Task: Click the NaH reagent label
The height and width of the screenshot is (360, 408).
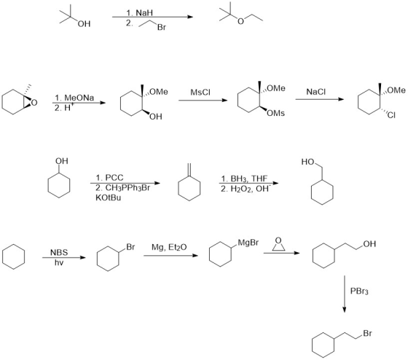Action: pyautogui.click(x=144, y=12)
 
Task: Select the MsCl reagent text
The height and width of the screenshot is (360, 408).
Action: pyautogui.click(x=200, y=92)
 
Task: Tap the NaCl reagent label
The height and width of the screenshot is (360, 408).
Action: pyautogui.click(x=316, y=92)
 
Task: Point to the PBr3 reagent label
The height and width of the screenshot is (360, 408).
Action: pyautogui.click(x=359, y=291)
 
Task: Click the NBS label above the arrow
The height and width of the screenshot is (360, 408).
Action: pyautogui.click(x=59, y=252)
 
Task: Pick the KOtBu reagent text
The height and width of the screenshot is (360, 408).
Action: pyautogui.click(x=109, y=197)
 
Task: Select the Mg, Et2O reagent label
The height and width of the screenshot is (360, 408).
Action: pyautogui.click(x=169, y=247)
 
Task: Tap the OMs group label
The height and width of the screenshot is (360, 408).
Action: pyautogui.click(x=276, y=113)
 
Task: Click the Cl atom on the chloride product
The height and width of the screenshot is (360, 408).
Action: pyautogui.click(x=391, y=115)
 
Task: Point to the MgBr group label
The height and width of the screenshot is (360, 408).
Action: pyautogui.click(x=248, y=243)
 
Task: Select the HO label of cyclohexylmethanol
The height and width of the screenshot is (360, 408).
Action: pyautogui.click(x=307, y=162)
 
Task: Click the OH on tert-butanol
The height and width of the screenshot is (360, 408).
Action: pyautogui.click(x=84, y=24)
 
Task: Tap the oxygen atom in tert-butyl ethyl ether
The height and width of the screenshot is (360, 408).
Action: pyautogui.click(x=240, y=21)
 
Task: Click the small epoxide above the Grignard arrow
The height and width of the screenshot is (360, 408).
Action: pyautogui.click(x=278, y=244)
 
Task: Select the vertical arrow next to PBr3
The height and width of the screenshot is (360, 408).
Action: pyautogui.click(x=344, y=294)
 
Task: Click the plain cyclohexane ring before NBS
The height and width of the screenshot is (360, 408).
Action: pyautogui.click(x=14, y=257)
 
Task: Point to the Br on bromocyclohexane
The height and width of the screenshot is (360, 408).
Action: pyautogui.click(x=130, y=247)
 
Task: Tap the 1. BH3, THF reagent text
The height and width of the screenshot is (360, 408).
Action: pyautogui.click(x=244, y=179)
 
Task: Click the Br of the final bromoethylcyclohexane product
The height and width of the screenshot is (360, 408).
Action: pyautogui.click(x=367, y=333)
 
